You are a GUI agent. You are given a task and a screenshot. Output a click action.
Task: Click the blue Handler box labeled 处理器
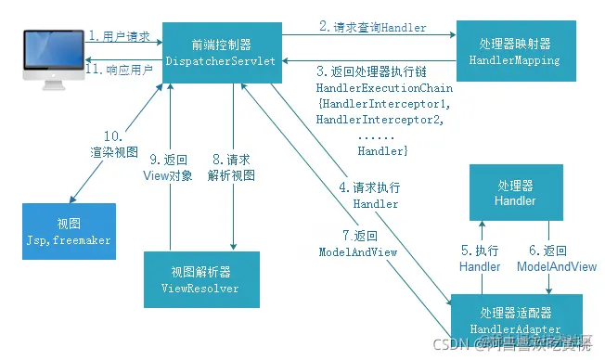515,192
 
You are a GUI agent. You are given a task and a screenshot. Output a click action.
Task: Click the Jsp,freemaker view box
68,232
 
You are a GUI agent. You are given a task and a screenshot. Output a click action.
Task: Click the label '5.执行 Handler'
480,258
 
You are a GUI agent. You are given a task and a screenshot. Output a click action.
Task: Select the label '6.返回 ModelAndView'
556,258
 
